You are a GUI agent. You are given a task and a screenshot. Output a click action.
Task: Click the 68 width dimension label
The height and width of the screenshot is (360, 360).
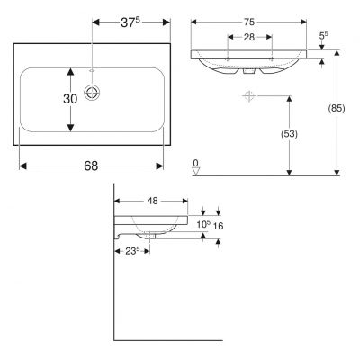click(91, 166)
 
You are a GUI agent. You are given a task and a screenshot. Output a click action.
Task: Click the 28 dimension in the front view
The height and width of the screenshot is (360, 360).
click(250, 39)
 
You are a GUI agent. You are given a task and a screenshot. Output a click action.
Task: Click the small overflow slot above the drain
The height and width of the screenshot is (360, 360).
click(92, 68)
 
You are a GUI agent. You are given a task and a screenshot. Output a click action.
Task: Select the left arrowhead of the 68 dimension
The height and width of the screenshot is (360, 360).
click(22, 166)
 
